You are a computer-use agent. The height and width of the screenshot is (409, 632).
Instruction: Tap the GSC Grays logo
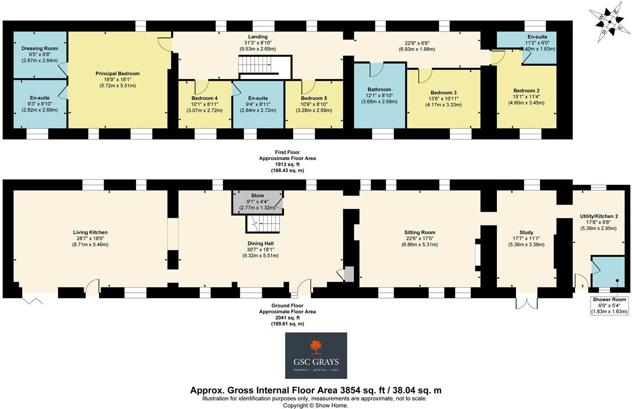[316, 356]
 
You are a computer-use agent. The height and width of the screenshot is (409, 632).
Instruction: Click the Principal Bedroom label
[117, 73]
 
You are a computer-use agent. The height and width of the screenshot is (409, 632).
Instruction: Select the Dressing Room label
[40, 48]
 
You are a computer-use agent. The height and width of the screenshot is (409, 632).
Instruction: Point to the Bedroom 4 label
[205, 98]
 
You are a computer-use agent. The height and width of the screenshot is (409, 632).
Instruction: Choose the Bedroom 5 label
[314, 98]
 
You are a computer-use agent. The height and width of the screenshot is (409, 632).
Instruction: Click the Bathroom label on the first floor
[379, 89]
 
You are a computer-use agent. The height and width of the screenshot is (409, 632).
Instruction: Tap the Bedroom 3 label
[443, 93]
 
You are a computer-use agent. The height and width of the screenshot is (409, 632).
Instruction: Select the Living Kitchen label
[90, 232]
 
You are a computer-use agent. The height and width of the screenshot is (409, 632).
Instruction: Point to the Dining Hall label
[260, 243]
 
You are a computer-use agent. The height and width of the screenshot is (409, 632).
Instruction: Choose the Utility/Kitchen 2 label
[599, 216]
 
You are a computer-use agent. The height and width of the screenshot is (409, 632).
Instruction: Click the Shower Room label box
[610, 305]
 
